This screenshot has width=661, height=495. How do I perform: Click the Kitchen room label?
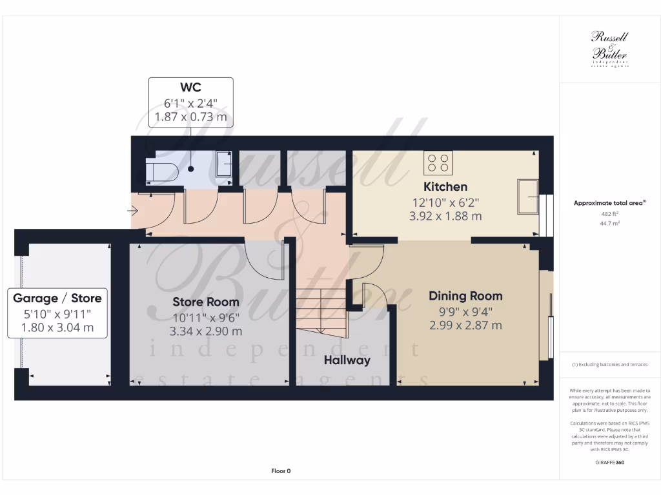tap(445, 187)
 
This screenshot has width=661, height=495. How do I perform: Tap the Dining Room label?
tap(465, 296)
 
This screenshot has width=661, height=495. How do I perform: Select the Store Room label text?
tap(205, 302)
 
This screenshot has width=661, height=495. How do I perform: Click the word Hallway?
tap(347, 360)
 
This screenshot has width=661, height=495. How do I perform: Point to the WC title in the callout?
tap(191, 86)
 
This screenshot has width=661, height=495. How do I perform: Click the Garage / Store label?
tap(57, 298)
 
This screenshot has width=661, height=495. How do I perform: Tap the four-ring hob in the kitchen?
tap(438, 162)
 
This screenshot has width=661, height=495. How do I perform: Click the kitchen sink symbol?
tap(528, 196)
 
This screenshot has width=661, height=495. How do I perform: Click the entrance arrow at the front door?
tap(134, 210)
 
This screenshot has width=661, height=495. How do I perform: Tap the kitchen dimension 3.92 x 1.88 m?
tap(445, 217)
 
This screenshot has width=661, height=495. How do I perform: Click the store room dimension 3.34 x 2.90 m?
tap(205, 331)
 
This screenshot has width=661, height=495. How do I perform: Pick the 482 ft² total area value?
tap(610, 213)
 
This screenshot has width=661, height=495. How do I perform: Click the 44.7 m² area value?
tap(610, 224)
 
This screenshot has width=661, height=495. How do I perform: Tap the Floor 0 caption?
tap(281, 471)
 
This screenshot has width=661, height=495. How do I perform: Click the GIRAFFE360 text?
tap(610, 463)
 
